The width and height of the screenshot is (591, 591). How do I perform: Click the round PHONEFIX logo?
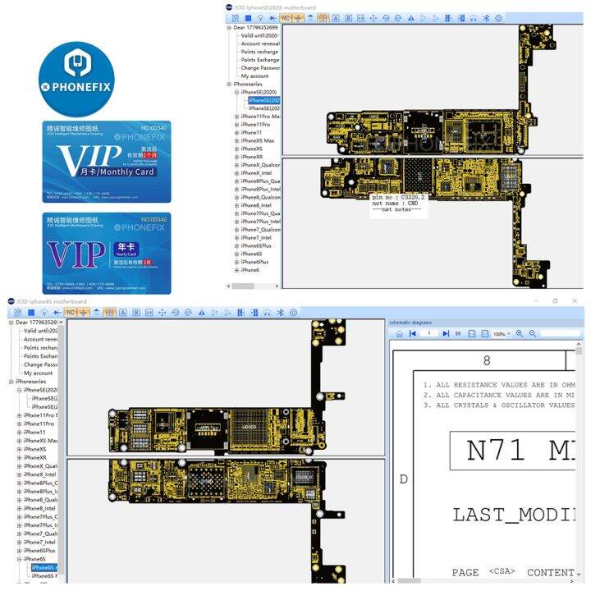pyautogui.click(x=76, y=80)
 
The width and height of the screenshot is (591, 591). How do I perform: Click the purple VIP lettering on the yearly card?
pyautogui.click(x=76, y=254)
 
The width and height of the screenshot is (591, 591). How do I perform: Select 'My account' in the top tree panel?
pyautogui.click(x=254, y=76)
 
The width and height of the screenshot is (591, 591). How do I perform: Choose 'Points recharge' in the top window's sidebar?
pyautogui.click(x=259, y=52)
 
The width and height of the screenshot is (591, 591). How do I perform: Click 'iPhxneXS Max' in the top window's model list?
pyautogui.click(x=258, y=140)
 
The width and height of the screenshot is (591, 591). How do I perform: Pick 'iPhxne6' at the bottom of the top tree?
pyautogui.click(x=250, y=270)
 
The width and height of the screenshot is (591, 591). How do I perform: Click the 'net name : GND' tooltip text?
pyautogui.click(x=396, y=203)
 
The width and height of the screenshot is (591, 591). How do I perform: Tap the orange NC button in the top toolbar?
pyautogui.click(x=286, y=17)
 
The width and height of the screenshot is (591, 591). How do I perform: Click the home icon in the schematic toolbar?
pyautogui.click(x=399, y=334)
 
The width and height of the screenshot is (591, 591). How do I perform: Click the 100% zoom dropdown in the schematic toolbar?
pyautogui.click(x=500, y=334)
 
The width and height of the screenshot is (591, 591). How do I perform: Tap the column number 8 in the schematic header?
pyautogui.click(x=487, y=360)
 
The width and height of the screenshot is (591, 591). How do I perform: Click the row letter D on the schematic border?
pyautogui.click(x=403, y=478)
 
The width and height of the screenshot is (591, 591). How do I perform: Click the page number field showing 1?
pyautogui.click(x=428, y=334)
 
